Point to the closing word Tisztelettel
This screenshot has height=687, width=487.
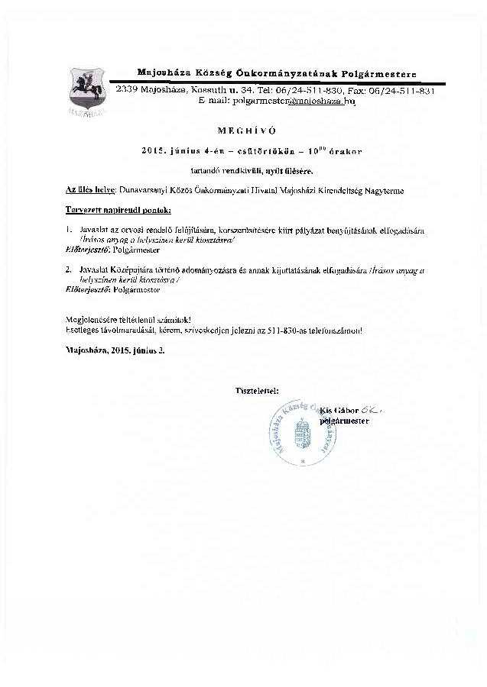(x=258, y=392)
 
